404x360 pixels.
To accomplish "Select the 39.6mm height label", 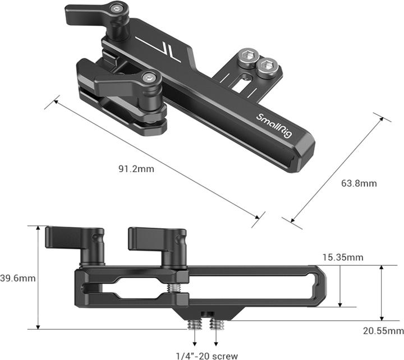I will coord(17,278).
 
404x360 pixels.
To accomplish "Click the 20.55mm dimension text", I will coord(383,331).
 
